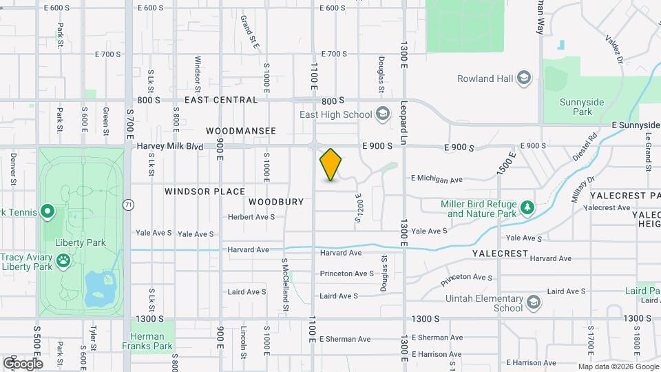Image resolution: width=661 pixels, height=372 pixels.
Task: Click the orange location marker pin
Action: (331, 164)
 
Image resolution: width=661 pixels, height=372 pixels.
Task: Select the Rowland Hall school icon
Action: (524, 78)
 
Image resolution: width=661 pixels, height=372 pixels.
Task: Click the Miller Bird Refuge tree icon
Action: (527, 207)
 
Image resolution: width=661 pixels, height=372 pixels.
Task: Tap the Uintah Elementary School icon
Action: (534, 302)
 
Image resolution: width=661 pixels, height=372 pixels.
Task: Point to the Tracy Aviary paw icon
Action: (63, 260)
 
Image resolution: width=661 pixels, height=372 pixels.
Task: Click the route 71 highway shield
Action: (128, 205)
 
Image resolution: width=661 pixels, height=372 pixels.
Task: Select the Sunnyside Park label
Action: (576, 106)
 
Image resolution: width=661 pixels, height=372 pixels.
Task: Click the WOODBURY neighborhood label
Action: (276, 202)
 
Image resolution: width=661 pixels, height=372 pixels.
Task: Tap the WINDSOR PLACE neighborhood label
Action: (204, 192)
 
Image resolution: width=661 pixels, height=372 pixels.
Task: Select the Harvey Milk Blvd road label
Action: (170, 147)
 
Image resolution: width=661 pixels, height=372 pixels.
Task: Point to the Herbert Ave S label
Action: (251, 216)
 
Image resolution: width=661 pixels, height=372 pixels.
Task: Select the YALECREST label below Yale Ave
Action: (499, 254)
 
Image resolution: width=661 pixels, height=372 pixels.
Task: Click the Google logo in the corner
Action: (22, 363)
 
